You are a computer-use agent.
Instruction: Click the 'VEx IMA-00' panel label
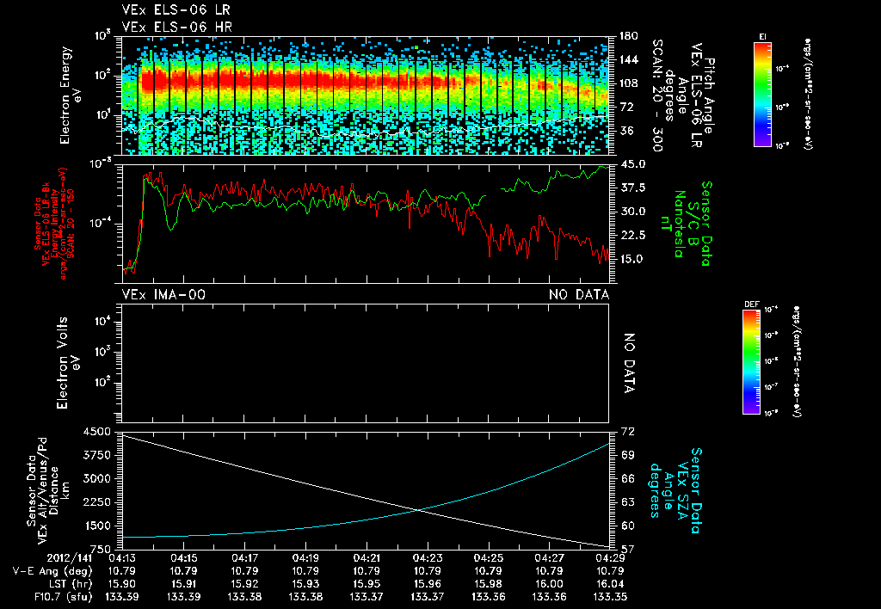point(163,295)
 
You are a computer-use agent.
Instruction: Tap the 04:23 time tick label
point(428,557)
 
